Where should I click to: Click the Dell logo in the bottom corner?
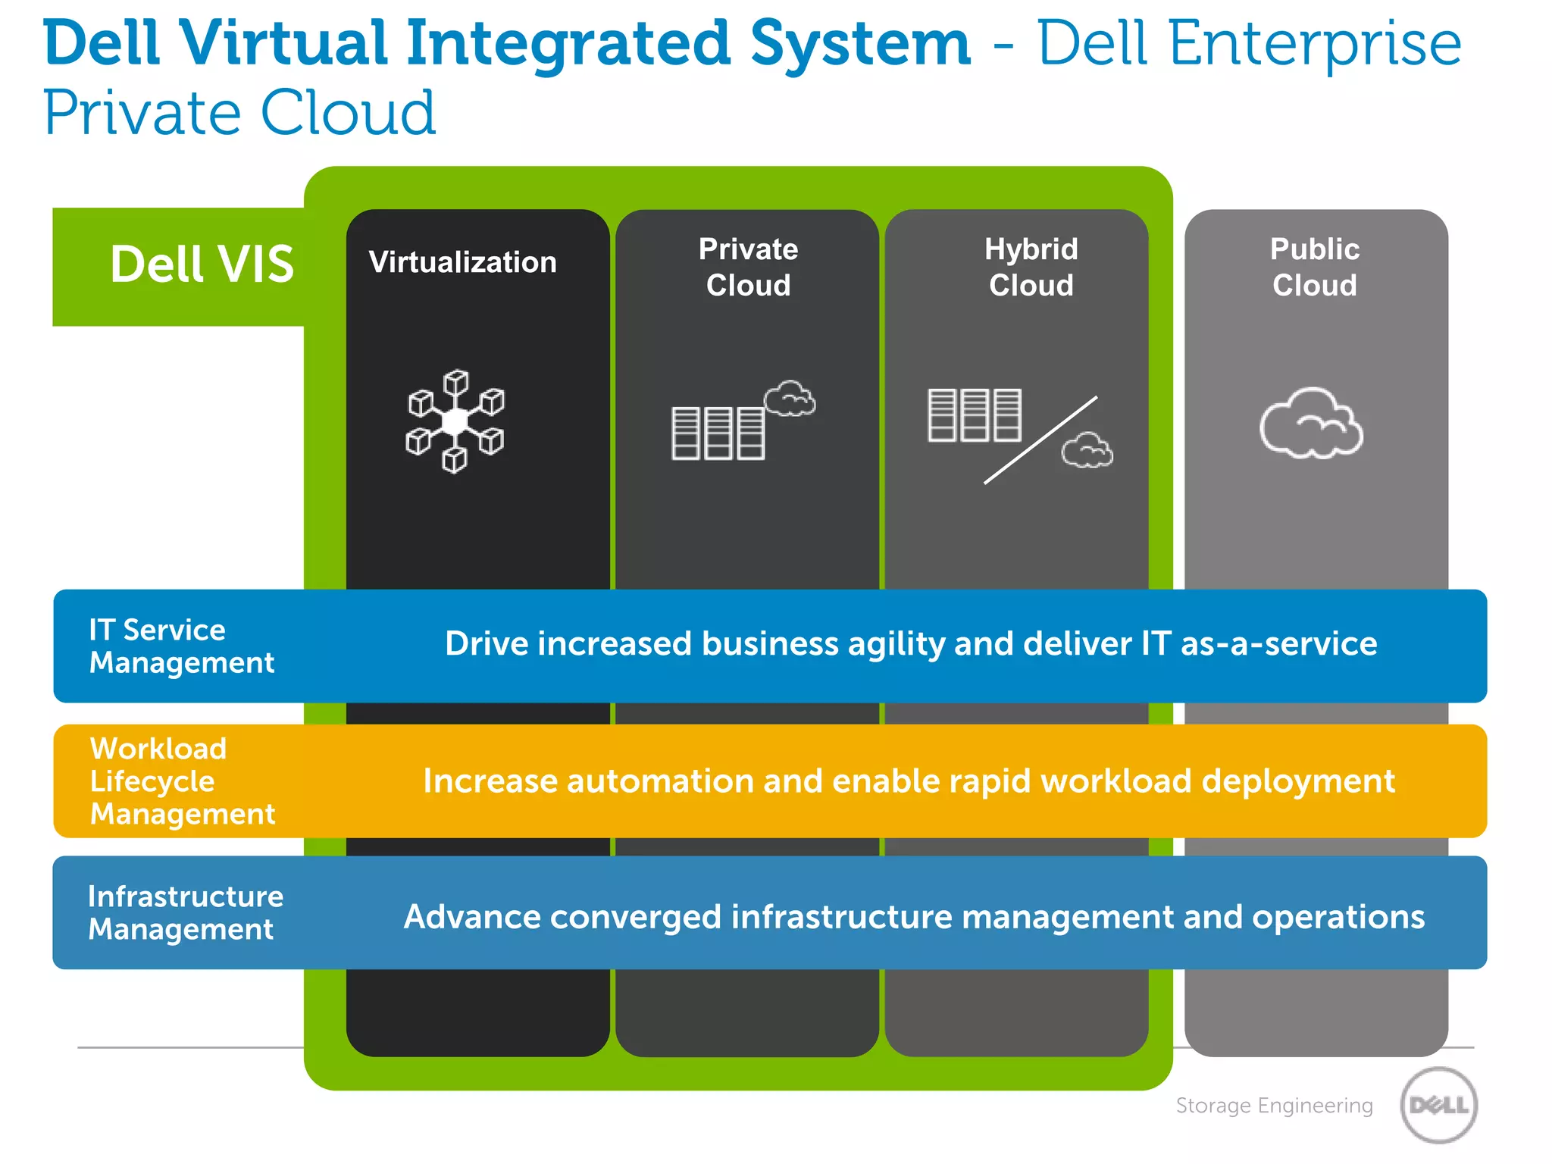point(1438,1105)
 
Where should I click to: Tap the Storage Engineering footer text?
point(1274,1106)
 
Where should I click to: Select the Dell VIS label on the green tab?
point(202,264)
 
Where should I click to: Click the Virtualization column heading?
point(462,262)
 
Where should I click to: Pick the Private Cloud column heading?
point(748,267)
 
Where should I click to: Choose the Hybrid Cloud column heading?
point(1031,267)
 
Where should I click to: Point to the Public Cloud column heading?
point(1314,267)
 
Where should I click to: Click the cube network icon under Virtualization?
point(455,421)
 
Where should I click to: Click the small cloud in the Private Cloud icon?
point(790,399)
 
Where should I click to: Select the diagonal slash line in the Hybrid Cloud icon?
point(1040,440)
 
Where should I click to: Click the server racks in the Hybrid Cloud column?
point(974,415)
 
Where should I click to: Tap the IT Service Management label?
point(181,646)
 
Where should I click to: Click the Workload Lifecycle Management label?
point(182,781)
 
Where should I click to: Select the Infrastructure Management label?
point(185,912)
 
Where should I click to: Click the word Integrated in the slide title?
point(568,43)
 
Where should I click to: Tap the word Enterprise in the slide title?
point(1315,43)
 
